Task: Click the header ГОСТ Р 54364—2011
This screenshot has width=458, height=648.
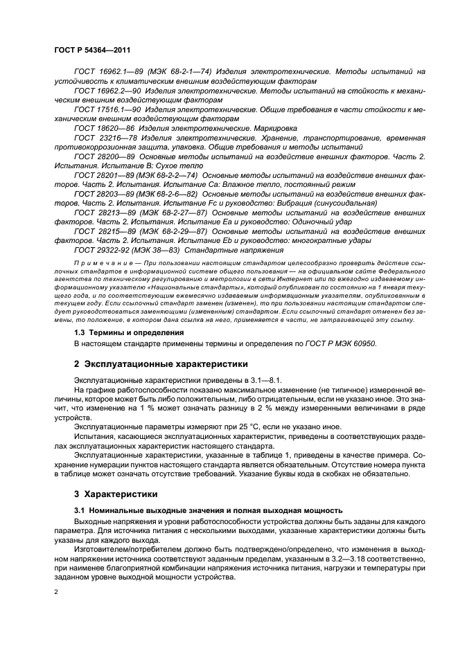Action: point(89,51)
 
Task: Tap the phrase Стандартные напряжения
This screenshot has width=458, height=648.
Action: point(232,249)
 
